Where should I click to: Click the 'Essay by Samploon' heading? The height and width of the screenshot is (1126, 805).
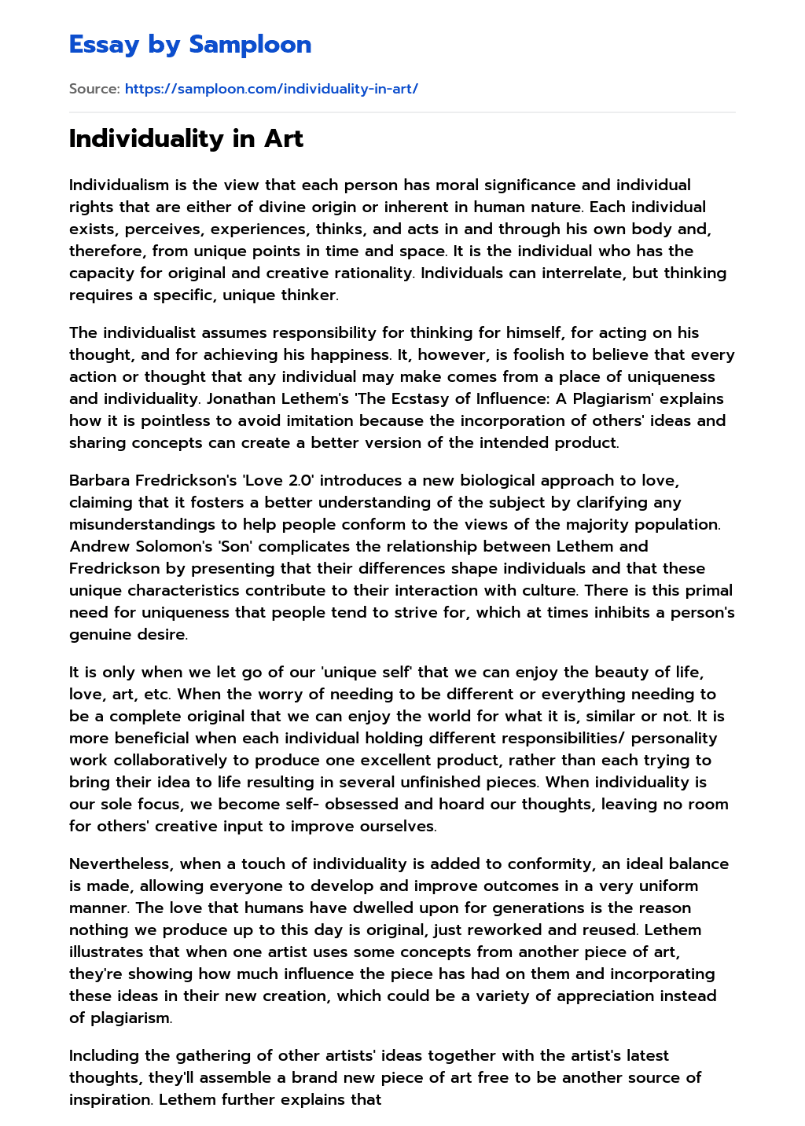pos(190,45)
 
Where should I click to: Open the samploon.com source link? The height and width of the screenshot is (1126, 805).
pos(271,89)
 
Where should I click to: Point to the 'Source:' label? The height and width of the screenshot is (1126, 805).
pos(94,89)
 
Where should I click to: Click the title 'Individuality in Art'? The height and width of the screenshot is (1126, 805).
pos(186,138)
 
